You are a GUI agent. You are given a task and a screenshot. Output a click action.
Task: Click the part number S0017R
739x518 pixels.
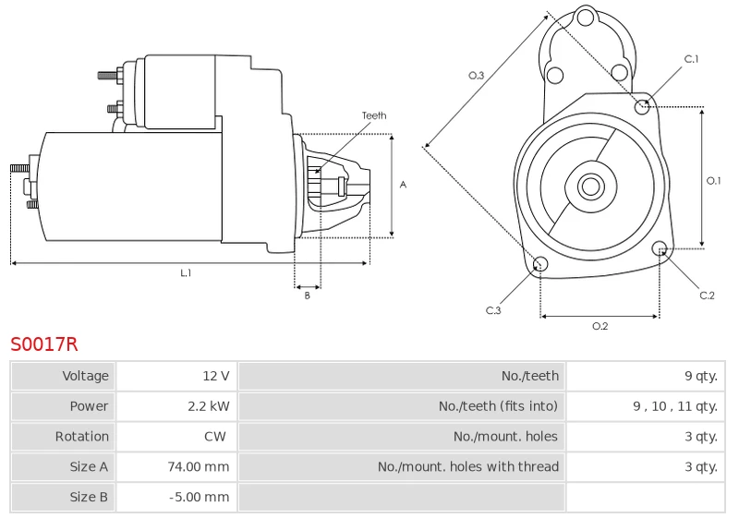[43, 344]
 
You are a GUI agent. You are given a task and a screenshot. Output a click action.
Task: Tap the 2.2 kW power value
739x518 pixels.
[209, 406]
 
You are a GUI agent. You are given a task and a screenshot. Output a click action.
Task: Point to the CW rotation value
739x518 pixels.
[215, 436]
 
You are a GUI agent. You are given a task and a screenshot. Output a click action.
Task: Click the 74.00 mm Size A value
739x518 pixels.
[199, 466]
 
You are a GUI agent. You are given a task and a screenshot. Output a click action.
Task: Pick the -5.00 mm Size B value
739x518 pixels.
[200, 497]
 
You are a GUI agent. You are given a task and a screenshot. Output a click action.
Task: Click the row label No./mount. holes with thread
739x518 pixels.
[468, 466]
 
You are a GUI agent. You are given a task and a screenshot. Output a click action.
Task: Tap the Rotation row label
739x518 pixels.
[82, 436]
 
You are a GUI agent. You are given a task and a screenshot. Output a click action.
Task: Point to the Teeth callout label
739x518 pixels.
[374, 115]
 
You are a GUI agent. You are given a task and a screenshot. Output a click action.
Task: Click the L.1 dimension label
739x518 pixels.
[187, 272]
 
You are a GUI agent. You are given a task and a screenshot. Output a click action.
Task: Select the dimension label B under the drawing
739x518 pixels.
[308, 295]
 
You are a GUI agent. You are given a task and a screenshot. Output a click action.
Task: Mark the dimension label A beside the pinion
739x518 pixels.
[403, 185]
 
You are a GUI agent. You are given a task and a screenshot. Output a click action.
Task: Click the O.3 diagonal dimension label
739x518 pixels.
[476, 76]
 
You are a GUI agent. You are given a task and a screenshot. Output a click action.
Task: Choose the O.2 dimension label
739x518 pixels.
[600, 326]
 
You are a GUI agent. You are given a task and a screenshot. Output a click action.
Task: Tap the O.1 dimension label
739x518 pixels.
[713, 180]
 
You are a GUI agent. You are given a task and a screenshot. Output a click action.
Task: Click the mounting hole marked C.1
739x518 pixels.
[641, 107]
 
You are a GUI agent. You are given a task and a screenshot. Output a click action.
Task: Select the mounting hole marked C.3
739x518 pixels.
[540, 264]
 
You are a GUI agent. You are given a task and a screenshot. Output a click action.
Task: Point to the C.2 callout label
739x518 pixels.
[707, 295]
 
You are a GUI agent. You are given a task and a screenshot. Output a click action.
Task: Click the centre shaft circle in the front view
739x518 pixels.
[590, 186]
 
